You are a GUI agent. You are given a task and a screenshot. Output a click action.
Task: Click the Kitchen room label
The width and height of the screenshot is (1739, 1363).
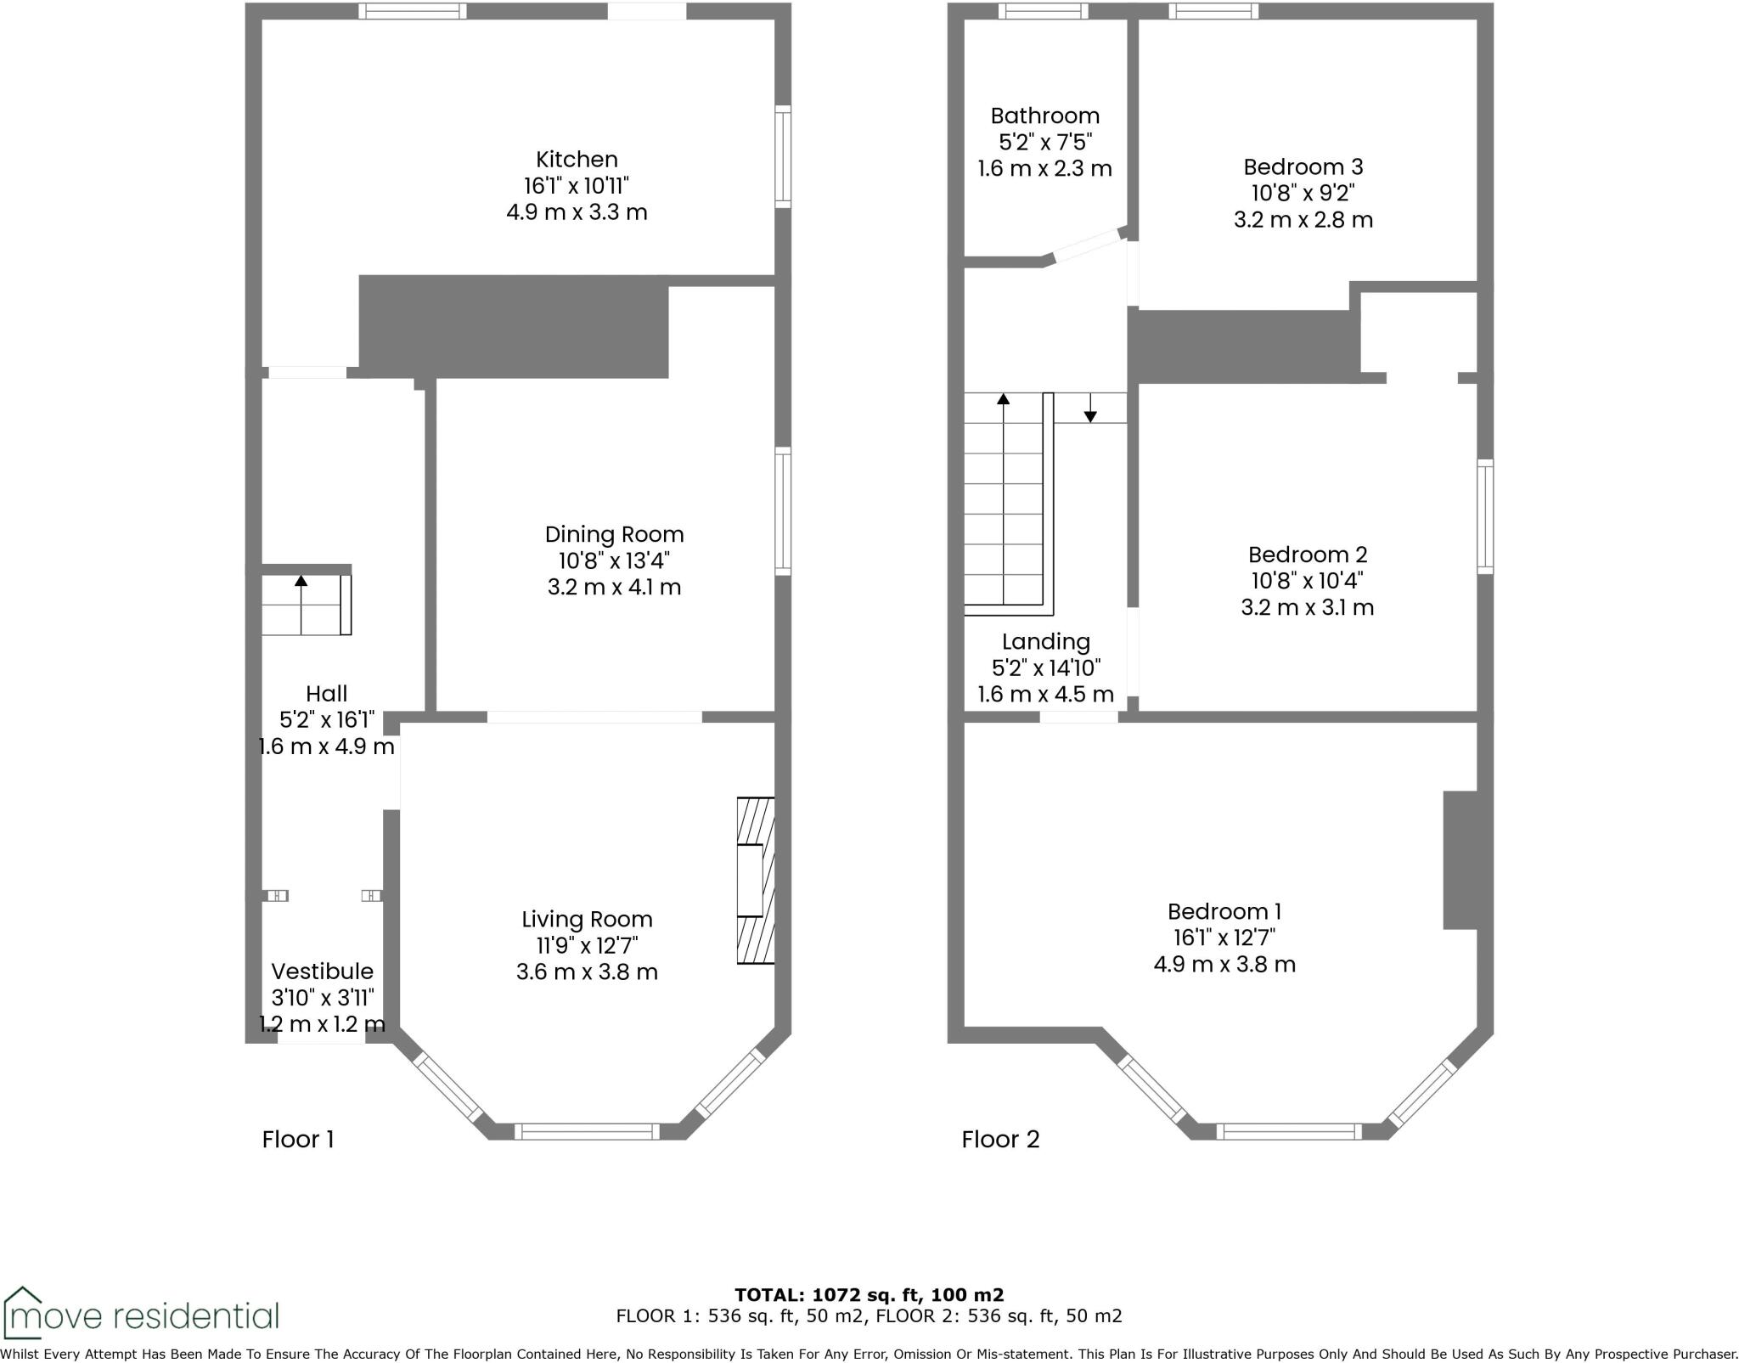point(577,160)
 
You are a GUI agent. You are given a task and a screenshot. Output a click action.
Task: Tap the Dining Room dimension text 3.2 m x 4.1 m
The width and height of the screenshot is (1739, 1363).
point(614,587)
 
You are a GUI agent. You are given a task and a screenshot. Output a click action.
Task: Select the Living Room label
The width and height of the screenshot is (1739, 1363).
point(587,919)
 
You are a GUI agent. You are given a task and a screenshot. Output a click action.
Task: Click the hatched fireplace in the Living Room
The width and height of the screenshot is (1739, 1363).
point(755,880)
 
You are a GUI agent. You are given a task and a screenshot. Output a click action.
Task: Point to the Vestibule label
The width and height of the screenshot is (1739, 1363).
point(322,971)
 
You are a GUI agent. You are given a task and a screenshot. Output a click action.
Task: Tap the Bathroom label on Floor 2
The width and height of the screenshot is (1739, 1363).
point(1044,115)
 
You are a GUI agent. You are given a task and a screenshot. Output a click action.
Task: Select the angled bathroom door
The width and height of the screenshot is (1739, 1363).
point(1088,245)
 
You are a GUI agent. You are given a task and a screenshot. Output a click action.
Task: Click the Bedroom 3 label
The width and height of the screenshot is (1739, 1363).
point(1303,166)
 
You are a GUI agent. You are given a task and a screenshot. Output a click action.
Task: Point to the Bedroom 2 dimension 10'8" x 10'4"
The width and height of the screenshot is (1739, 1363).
point(1307,581)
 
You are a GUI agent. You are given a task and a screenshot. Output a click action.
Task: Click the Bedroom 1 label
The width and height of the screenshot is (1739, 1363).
point(1224,911)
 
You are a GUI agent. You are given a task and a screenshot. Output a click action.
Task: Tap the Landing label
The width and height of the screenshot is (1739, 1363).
point(1045,641)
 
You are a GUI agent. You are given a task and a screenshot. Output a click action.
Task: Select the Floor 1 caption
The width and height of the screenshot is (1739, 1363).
point(298,1139)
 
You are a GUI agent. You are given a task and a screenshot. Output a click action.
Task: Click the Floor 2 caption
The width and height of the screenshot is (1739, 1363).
point(1000,1139)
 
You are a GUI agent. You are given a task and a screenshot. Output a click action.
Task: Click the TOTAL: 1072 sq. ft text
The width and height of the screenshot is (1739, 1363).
point(868,1294)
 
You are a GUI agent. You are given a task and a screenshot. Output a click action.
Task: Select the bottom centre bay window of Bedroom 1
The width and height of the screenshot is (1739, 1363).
point(1288,1130)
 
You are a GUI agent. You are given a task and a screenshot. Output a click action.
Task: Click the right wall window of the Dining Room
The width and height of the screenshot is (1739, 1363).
point(783,511)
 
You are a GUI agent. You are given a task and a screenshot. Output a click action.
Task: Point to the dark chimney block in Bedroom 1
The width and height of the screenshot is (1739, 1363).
point(1460,859)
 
